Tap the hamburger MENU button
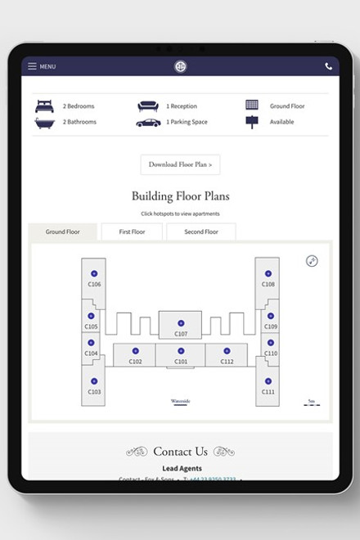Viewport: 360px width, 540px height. point(42,66)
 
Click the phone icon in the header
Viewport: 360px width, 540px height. point(328,66)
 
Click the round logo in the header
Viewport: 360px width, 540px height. point(180,66)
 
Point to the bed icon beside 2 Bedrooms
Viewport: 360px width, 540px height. point(44,106)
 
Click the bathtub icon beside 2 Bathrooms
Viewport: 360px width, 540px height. point(44,122)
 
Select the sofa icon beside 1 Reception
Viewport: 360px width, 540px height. point(148,106)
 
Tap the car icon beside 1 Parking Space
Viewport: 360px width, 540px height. point(148,122)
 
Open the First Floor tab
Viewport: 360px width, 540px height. point(132,232)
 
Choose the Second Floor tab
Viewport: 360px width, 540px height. point(200,232)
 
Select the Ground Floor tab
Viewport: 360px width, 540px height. point(62,232)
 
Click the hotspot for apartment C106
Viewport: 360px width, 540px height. point(94,273)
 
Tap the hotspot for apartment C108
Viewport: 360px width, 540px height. point(268,273)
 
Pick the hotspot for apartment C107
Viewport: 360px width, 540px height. point(181,323)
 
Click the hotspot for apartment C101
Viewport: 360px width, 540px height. point(181,351)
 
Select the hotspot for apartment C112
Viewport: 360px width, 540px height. point(227,351)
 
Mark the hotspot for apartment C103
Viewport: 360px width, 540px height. point(94,382)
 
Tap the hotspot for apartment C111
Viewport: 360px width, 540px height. point(268,382)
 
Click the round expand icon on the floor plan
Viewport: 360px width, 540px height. point(312,261)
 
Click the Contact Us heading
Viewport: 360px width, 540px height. point(180,452)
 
